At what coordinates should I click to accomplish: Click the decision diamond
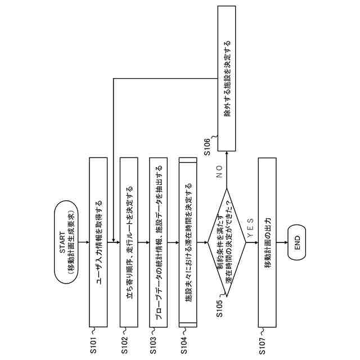[x=226, y=242]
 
